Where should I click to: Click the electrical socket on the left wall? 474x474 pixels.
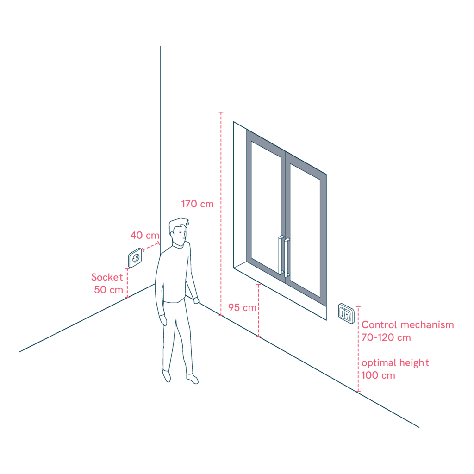point(135,258)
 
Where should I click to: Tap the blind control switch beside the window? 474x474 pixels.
point(346,313)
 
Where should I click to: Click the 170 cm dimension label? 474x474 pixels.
point(197,204)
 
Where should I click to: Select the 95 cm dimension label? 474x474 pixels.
point(242,308)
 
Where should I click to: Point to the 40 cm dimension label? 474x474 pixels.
point(144,235)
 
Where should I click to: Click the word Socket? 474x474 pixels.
point(107,277)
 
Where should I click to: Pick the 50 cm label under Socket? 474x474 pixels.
point(108,290)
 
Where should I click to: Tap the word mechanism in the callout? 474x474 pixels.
point(427,324)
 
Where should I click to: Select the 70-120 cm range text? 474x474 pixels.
point(386,337)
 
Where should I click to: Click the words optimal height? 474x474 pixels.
point(395,363)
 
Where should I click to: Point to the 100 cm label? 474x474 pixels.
point(378,375)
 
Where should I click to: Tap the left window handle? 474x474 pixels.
point(281,255)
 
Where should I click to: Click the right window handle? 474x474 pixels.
point(287,257)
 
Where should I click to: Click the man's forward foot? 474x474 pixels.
point(192,379)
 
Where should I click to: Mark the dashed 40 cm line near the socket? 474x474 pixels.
point(151,247)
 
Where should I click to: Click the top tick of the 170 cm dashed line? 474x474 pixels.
point(221,112)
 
